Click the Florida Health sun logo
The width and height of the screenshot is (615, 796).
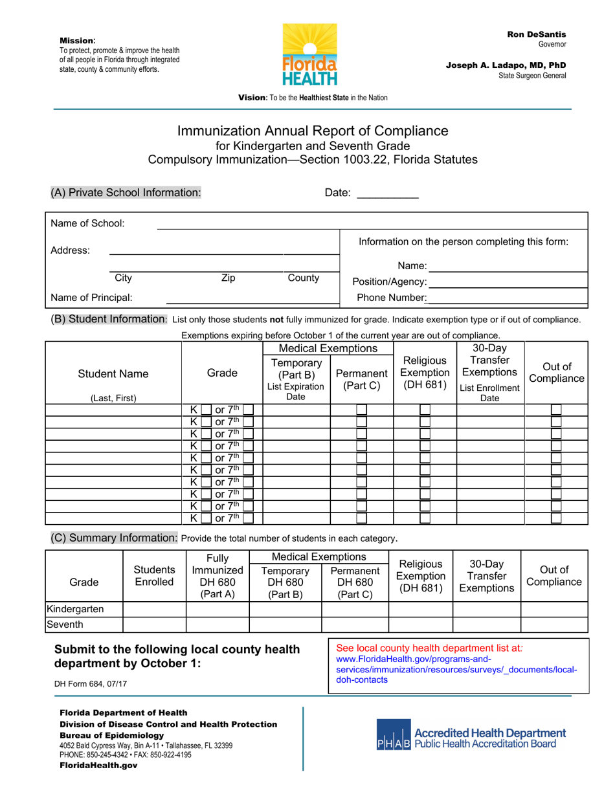point(309,54)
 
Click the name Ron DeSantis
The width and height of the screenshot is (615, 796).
point(536,34)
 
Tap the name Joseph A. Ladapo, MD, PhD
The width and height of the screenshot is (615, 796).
point(506,65)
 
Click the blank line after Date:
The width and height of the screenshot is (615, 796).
point(388,193)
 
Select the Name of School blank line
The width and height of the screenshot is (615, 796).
point(372,225)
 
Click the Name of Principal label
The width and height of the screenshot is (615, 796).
point(91,298)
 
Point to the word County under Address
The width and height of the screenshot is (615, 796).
point(303,278)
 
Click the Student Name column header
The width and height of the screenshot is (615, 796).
point(113,374)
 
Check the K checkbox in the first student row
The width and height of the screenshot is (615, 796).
point(206,410)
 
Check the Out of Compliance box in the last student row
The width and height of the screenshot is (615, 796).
point(555,518)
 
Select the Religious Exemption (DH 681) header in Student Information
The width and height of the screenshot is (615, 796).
point(425,373)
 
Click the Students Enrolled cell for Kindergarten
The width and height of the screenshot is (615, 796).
point(154,609)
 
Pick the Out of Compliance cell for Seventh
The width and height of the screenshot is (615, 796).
point(553,625)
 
